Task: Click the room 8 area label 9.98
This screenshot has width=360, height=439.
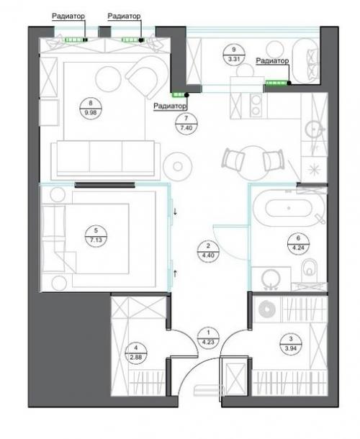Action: [x=91, y=113]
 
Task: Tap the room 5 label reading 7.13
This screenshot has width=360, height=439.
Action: [x=96, y=240]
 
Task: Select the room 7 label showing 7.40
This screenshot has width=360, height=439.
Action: [x=186, y=128]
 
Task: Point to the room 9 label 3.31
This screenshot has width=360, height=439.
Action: [x=234, y=59]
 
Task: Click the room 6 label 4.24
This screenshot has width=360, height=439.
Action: [x=298, y=248]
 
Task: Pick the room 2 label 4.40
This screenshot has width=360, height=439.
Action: [x=208, y=255]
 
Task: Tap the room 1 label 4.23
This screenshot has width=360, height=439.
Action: [x=208, y=342]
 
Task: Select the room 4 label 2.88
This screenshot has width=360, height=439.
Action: [x=136, y=357]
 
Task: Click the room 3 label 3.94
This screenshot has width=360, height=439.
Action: [x=291, y=348]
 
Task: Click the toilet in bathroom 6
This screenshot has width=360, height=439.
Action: [x=310, y=268]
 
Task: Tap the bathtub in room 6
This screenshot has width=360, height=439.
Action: [x=289, y=208]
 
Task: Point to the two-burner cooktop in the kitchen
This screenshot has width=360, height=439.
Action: [x=256, y=106]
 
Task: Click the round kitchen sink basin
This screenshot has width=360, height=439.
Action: [x=313, y=130]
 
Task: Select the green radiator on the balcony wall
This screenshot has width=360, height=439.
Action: [x=276, y=83]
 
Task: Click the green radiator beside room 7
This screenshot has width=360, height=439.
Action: [x=178, y=95]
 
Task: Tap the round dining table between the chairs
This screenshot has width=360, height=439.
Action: [x=253, y=163]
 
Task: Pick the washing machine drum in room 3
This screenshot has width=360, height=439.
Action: [x=267, y=309]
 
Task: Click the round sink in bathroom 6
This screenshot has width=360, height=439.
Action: [x=271, y=279]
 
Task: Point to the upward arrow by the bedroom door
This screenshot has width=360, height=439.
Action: [x=176, y=273]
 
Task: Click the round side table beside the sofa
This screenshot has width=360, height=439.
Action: [x=178, y=166]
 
